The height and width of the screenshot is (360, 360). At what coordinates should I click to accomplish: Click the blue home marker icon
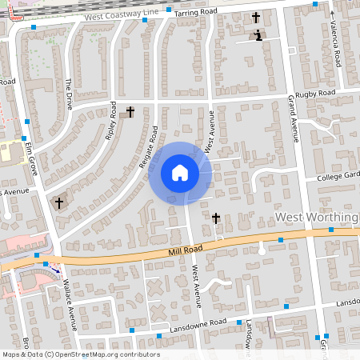tap(180, 173)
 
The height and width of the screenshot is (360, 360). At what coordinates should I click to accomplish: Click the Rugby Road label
tap(314, 94)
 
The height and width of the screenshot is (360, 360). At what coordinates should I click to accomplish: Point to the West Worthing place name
tap(316, 218)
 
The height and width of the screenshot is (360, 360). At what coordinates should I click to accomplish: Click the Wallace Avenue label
tap(70, 298)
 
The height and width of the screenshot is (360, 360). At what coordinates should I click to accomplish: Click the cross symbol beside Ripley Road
tap(130, 112)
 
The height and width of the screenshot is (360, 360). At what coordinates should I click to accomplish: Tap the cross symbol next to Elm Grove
tap(59, 203)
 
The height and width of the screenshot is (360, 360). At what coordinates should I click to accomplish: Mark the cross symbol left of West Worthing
tap(216, 218)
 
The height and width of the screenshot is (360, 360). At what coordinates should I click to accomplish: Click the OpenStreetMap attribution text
tap(81, 354)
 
